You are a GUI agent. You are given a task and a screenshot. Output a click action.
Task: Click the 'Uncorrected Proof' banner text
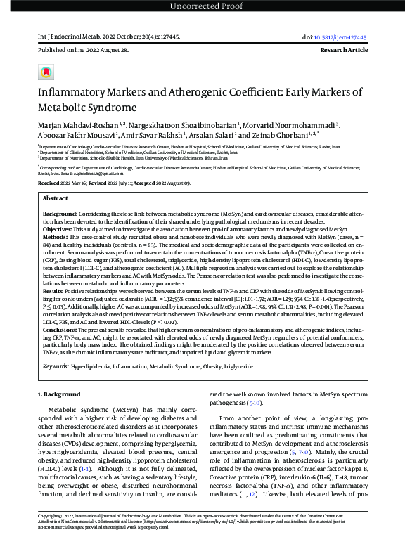tap(208, 7)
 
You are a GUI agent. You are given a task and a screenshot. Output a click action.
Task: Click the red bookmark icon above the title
tap(46, 72)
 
